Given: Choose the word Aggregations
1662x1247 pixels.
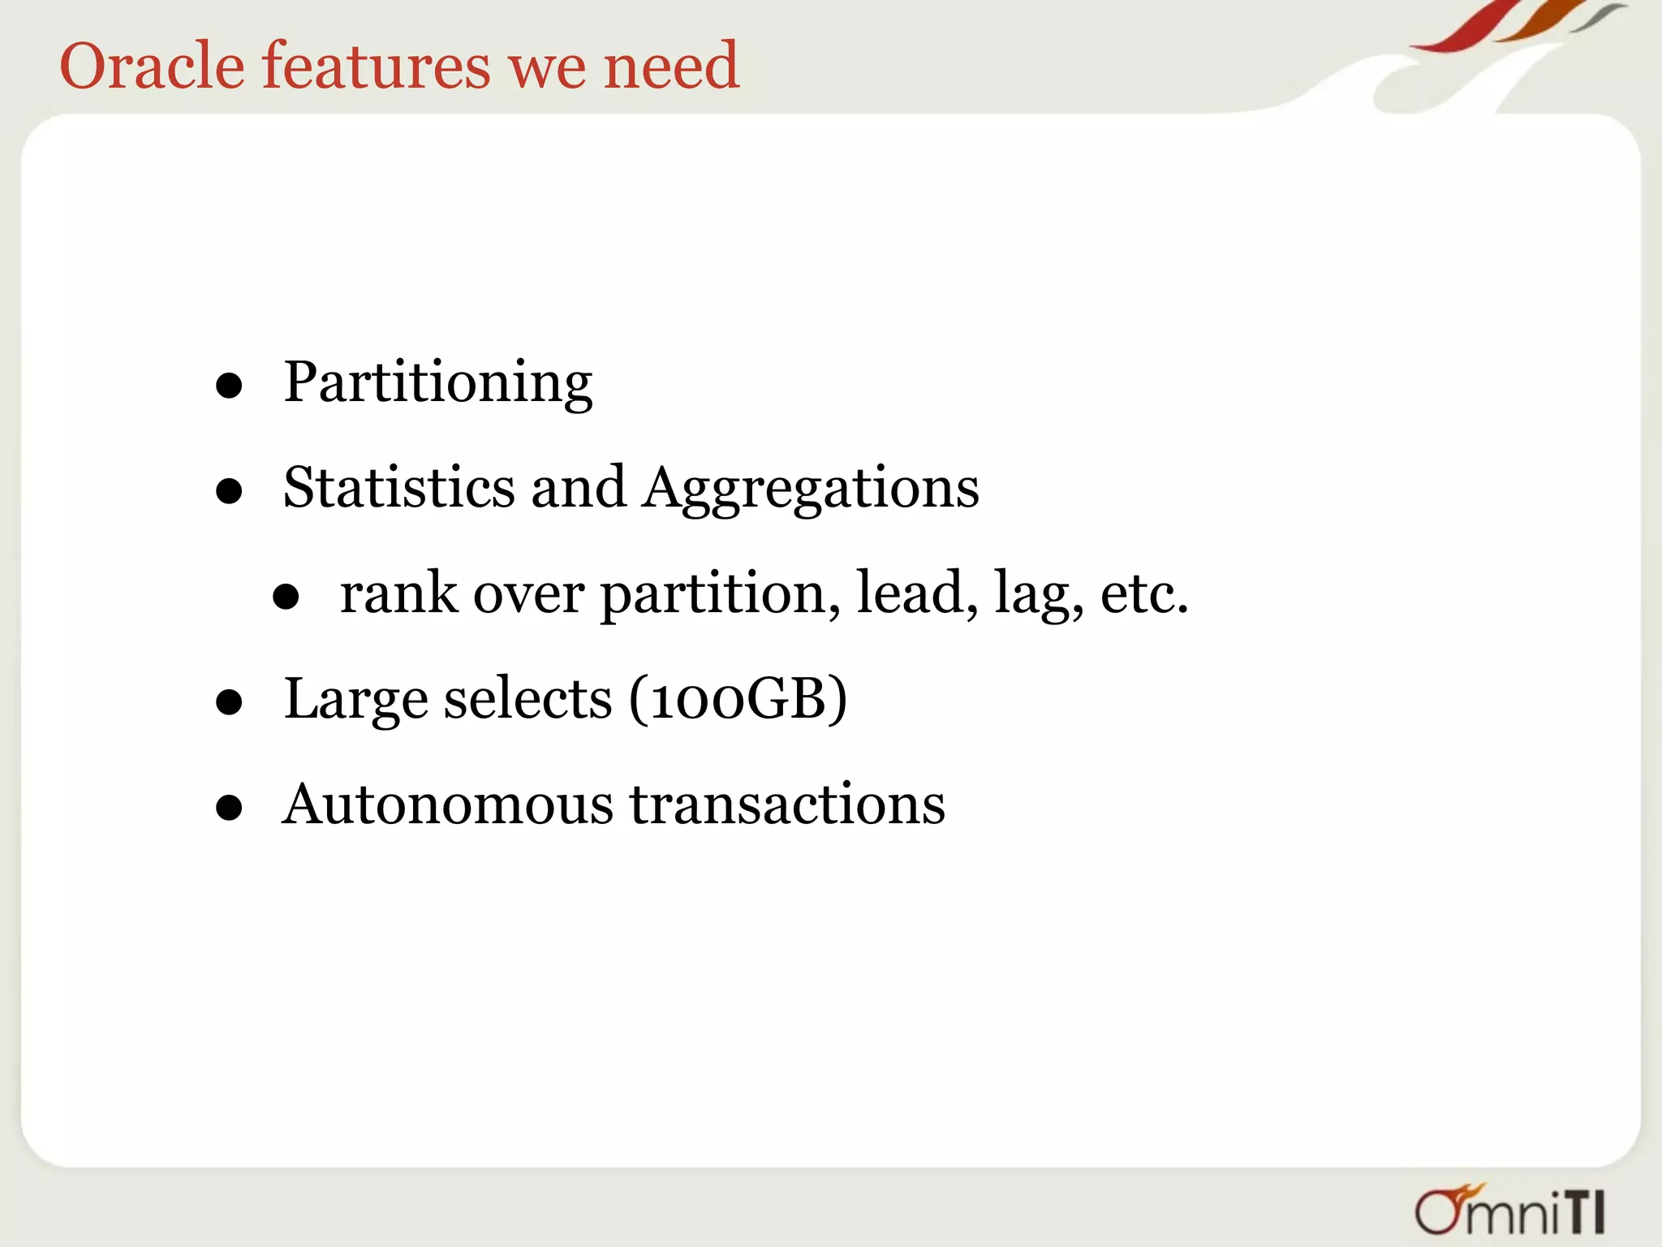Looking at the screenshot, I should pos(812,489).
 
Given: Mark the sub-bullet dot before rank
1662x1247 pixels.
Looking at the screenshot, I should pos(286,598).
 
